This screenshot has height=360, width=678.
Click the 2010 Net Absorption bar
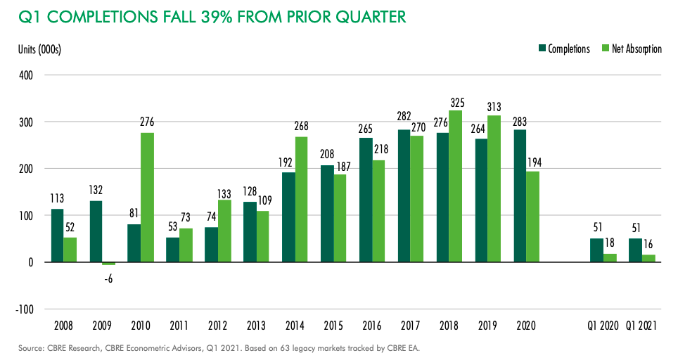click(147, 197)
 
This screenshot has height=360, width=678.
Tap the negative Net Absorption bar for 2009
click(108, 264)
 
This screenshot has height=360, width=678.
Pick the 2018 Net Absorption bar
click(455, 186)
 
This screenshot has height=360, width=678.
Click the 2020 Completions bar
click(520, 195)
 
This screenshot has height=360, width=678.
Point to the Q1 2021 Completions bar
click(635, 250)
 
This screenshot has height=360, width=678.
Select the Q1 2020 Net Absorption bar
click(610, 257)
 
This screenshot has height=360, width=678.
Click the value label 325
click(456, 103)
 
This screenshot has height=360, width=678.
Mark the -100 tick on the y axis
click(23, 309)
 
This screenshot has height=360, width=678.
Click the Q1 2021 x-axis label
click(641, 327)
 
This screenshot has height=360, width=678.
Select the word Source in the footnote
click(30, 348)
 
